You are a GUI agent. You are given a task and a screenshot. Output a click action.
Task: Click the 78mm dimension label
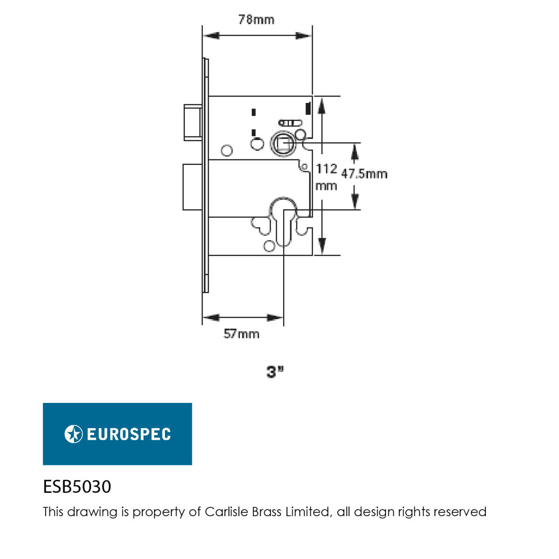(256, 20)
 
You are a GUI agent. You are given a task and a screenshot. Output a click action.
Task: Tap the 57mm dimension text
(241, 334)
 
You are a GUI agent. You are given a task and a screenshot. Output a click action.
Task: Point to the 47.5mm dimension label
(364, 174)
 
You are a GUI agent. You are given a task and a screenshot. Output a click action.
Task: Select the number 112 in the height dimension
(327, 169)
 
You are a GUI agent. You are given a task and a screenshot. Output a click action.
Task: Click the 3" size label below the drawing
(275, 372)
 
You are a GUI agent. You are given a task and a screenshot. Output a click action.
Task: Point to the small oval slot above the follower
(290, 123)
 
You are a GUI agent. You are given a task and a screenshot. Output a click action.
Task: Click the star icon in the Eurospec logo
(74, 434)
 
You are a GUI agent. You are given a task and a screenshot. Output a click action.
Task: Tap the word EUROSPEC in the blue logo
(129, 434)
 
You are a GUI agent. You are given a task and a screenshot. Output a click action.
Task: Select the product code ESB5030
(77, 487)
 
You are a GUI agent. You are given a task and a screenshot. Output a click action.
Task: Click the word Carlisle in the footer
(226, 512)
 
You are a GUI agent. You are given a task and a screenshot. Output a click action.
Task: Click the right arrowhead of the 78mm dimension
(304, 36)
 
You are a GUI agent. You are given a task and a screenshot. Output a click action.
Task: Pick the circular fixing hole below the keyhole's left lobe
(269, 245)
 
